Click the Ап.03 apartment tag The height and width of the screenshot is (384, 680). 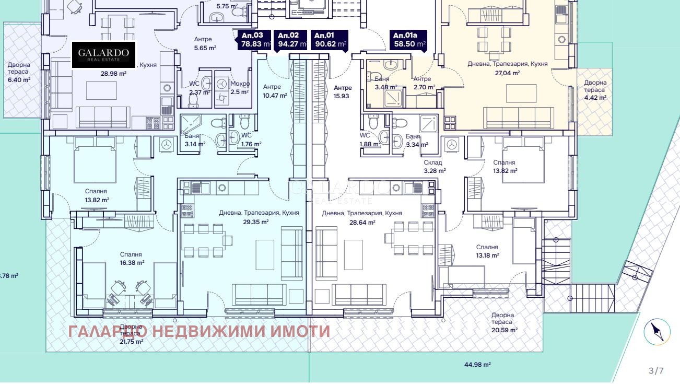click(255, 40)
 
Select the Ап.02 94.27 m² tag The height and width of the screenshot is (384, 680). click(291, 40)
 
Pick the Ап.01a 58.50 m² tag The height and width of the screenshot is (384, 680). click(408, 40)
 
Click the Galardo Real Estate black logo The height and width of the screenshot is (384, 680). click(103, 54)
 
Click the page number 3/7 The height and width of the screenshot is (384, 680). click(655, 371)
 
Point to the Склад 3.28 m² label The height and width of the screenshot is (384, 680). click(435, 167)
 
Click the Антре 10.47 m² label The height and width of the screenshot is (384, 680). click(275, 91)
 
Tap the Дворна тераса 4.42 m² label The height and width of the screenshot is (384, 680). click(595, 90)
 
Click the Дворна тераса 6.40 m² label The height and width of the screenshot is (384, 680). click(19, 72)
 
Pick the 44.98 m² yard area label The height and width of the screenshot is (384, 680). click(475, 365)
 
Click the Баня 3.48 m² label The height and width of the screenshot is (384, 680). click(385, 83)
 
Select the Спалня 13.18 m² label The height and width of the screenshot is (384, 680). click(487, 251)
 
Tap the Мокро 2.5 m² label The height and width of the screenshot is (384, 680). click(240, 88)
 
